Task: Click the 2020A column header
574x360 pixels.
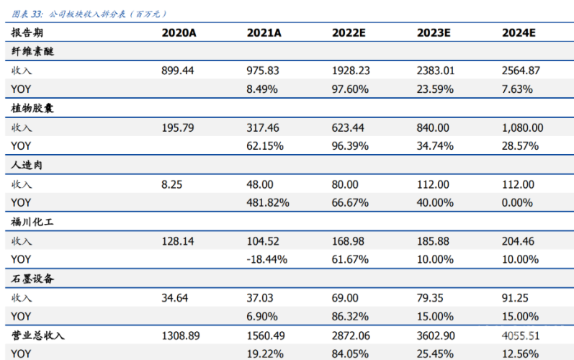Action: (x=179, y=33)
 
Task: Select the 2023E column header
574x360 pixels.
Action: (x=434, y=33)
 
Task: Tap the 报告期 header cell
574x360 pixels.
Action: (x=27, y=33)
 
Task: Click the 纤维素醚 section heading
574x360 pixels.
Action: (x=32, y=52)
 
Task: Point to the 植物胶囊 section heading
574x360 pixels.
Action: (x=32, y=108)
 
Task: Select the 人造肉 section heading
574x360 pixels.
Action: (x=27, y=165)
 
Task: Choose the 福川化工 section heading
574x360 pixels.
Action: (x=32, y=222)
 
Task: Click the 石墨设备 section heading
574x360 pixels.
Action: (x=32, y=279)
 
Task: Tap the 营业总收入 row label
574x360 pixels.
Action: (x=37, y=336)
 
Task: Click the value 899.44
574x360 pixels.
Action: (x=178, y=71)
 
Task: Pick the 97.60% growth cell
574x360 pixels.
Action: (x=350, y=89)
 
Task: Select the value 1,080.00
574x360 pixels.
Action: (x=522, y=127)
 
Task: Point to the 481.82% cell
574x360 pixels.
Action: (x=268, y=203)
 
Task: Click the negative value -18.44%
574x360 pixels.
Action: (x=267, y=259)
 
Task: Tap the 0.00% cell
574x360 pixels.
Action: (x=517, y=203)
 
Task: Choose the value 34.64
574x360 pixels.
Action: (x=174, y=298)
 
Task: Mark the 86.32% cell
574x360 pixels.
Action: (x=350, y=317)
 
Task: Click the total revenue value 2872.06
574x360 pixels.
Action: (x=351, y=336)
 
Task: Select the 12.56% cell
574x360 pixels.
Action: (x=520, y=354)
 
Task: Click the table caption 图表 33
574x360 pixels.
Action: (x=27, y=14)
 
